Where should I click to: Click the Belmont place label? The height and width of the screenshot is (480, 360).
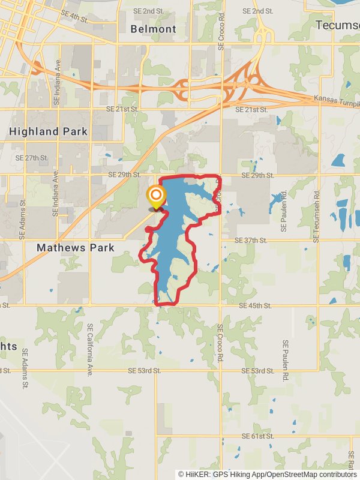pos(154,29)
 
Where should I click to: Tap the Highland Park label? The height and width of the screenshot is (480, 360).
pos(48,131)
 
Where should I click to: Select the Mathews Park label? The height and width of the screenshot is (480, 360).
pos(75,247)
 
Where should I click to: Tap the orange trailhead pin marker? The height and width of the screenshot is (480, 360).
pos(156,196)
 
